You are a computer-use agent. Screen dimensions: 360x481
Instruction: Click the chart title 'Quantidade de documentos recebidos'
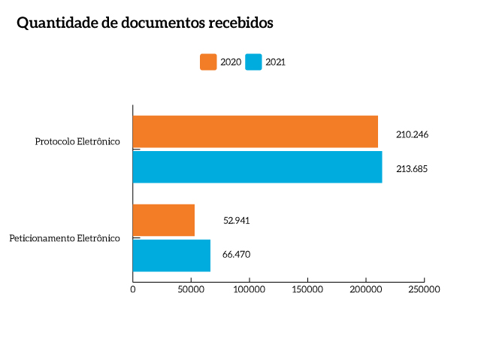144,23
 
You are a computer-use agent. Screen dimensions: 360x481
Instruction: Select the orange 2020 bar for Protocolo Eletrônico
255,132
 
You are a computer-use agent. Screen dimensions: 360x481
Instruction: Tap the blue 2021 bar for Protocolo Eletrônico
257,167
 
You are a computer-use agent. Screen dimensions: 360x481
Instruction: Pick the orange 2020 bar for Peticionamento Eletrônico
163,220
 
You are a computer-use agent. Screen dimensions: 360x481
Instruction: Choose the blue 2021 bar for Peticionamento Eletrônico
171,255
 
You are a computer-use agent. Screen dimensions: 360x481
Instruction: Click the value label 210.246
412,135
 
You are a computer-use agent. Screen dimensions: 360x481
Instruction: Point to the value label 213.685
412,169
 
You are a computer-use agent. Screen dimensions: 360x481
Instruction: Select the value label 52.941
236,221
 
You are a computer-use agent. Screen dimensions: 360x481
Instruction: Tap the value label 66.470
236,255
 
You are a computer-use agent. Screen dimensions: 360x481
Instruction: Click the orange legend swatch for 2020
208,62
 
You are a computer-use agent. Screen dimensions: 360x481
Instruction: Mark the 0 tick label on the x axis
133,289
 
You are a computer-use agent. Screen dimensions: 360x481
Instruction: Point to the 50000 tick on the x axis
191,289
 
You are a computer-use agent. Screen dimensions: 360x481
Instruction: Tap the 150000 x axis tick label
307,289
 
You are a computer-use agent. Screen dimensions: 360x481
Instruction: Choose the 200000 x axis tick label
365,289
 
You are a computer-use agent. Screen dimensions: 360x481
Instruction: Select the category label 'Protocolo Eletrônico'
77,141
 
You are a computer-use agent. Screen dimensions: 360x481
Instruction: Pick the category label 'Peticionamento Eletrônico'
65,238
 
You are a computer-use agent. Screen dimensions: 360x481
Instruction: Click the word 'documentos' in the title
159,23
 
